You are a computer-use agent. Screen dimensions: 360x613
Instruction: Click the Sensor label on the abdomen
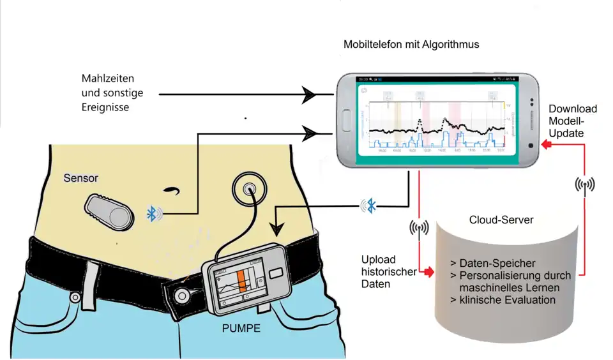click(80, 179)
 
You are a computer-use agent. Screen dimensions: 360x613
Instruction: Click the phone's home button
click(347, 119)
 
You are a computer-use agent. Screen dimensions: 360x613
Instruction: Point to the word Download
click(573, 109)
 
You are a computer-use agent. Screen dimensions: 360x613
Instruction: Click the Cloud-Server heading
click(501, 220)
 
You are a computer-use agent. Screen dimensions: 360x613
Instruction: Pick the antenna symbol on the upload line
click(419, 228)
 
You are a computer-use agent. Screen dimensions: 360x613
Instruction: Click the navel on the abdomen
click(171, 190)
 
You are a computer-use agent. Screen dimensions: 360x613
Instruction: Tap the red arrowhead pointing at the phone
click(545, 146)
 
